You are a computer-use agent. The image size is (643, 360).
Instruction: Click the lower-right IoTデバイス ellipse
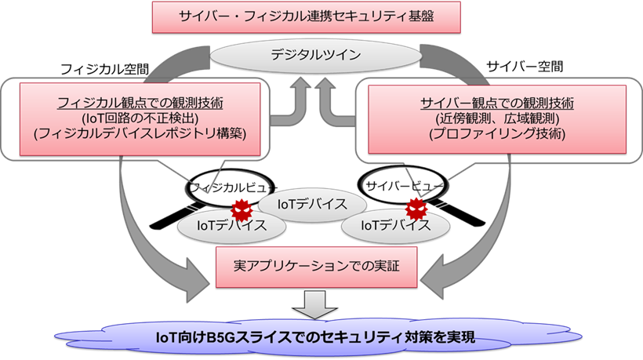[x=396, y=225]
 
